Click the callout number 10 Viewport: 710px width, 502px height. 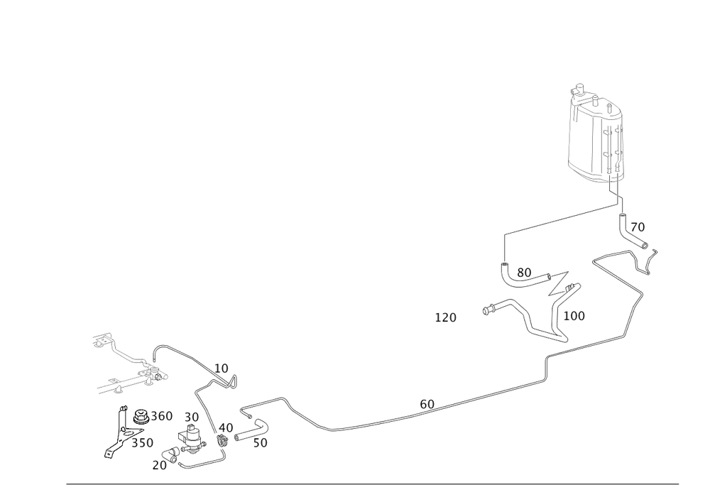222,369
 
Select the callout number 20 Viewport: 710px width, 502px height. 159,465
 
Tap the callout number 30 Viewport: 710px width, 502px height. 192,418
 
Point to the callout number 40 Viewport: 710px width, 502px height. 226,427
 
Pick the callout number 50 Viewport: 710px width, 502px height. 260,443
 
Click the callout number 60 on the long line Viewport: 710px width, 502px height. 427,404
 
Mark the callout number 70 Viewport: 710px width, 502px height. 638,227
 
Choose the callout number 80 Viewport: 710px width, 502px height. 524,273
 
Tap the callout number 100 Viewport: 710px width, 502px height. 574,316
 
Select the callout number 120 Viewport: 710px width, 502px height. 446,318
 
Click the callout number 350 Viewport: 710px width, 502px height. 143,442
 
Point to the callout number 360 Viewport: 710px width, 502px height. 162,416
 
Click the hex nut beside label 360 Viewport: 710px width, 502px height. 141,417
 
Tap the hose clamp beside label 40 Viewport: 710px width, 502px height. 222,440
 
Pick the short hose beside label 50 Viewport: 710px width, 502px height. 251,430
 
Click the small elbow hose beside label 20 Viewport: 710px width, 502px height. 170,454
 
